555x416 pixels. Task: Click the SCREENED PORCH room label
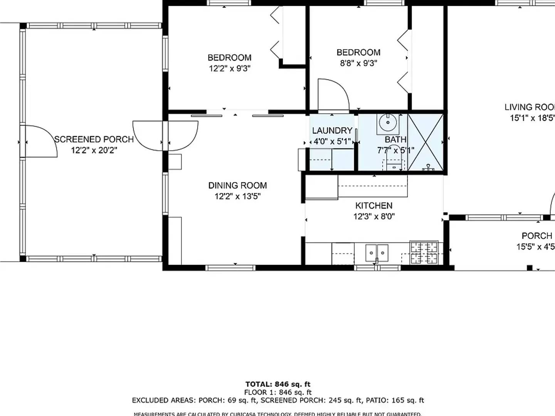[x=94, y=139]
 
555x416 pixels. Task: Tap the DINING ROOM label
[x=237, y=186]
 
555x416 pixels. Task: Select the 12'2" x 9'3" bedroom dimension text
[x=230, y=69]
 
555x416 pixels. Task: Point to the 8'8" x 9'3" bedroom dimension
[x=358, y=63]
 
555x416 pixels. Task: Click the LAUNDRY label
[x=332, y=131]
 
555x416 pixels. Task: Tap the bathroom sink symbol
[x=388, y=123]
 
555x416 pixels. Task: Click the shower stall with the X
[x=425, y=142]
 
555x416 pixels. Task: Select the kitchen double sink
[x=377, y=253]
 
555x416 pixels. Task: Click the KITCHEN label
[x=374, y=206]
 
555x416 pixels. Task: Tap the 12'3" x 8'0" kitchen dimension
[x=374, y=216]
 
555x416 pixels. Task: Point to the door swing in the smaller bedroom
[x=332, y=94]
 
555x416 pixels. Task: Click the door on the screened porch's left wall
[x=40, y=141]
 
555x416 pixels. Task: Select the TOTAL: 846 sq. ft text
[x=277, y=384]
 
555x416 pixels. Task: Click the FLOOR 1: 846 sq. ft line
[x=277, y=392]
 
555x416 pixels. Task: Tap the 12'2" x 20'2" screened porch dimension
[x=94, y=150]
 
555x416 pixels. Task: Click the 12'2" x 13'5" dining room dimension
[x=237, y=196]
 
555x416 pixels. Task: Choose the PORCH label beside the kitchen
[x=536, y=236]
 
